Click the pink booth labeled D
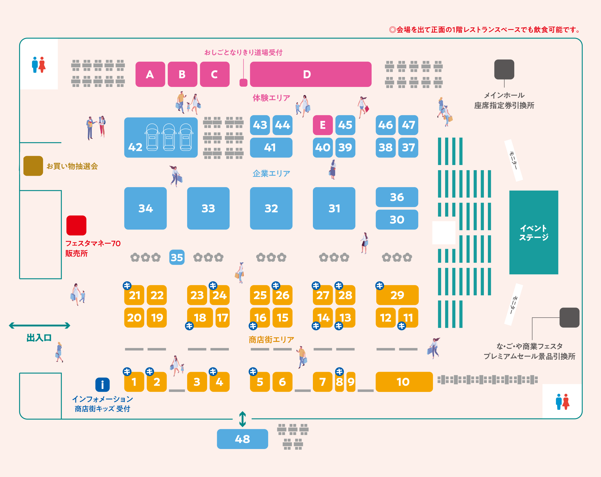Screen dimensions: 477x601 click(310, 74)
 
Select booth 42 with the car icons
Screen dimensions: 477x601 click(161, 137)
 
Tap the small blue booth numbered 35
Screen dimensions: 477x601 click(177, 257)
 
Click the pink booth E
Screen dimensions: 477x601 click(323, 125)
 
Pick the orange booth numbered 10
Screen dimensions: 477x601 click(404, 382)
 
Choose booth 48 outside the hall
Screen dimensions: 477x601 click(242, 439)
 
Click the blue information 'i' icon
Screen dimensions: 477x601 click(102, 385)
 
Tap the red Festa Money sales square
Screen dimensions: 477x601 click(76, 225)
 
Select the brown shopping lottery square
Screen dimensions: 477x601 click(33, 166)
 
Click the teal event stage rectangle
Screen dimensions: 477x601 click(533, 232)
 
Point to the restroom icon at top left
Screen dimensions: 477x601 click(39, 65)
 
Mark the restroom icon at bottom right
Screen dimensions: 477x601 click(562, 402)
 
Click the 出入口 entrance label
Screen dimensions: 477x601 click(39, 338)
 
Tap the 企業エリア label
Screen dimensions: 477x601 click(271, 174)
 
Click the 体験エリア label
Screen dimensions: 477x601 click(271, 98)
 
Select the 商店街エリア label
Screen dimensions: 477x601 click(271, 340)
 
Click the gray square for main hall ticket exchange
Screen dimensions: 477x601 click(504, 69)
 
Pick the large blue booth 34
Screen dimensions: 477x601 click(145, 208)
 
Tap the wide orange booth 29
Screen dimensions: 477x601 click(397, 295)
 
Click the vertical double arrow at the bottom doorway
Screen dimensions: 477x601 click(242, 419)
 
